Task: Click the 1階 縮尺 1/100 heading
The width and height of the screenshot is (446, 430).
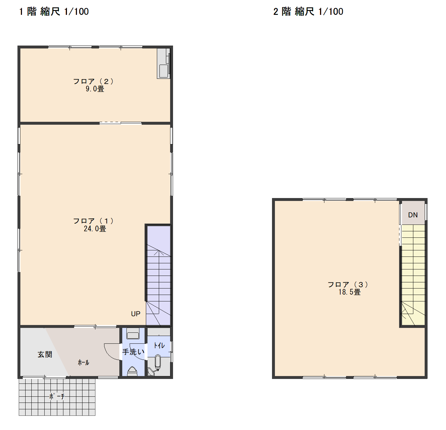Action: pos(54,11)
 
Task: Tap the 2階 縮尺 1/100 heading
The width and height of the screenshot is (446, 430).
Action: pos(308,11)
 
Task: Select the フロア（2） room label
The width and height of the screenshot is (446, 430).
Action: pos(93,81)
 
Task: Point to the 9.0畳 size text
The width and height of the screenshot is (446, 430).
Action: pos(95,89)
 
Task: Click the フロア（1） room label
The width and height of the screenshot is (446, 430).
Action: pos(93,221)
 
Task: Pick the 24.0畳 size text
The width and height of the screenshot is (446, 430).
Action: pos(95,228)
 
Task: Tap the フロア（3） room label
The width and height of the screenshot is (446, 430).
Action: pos(348,285)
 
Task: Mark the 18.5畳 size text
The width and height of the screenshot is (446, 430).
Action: pos(350,292)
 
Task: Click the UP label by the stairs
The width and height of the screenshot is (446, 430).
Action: pos(136,314)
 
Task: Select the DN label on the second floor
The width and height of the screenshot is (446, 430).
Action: pos(413,215)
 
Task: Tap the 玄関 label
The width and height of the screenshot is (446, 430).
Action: pos(45,355)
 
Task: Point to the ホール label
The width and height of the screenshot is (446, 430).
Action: pos(83,362)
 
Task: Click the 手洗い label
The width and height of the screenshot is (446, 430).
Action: pos(133,352)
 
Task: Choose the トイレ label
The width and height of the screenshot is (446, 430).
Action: pos(159,345)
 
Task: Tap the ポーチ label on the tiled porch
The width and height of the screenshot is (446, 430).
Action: pos(57,396)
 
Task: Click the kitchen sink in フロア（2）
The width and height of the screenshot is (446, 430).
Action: pos(163,71)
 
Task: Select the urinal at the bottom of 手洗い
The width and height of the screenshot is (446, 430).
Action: pos(132,371)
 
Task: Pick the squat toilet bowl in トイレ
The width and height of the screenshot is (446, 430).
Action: pos(158,362)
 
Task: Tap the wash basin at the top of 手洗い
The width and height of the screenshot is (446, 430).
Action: pos(133,333)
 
